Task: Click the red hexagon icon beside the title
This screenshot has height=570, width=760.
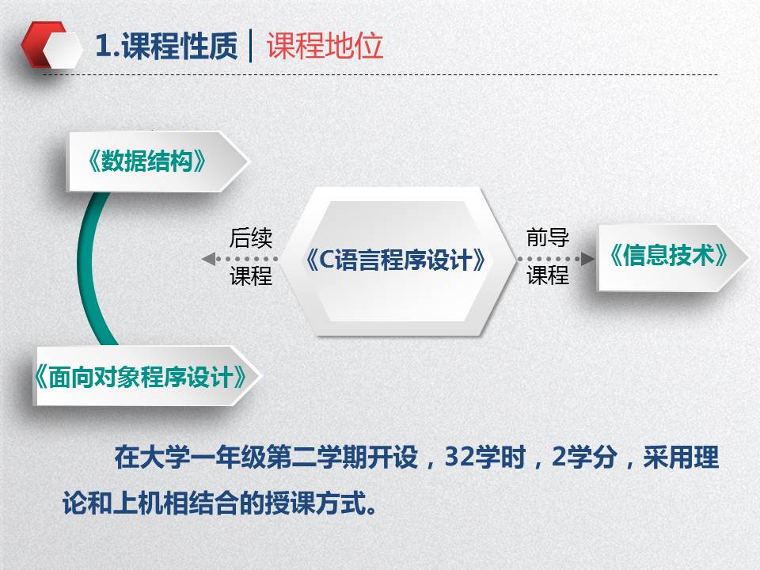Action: pyautogui.click(x=44, y=44)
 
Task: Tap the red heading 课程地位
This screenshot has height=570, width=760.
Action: pyautogui.click(x=325, y=46)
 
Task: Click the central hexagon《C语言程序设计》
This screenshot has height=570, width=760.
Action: pyautogui.click(x=397, y=260)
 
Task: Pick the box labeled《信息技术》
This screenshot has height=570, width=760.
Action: pyautogui.click(x=672, y=256)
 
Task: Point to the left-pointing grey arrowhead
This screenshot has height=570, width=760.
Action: pyautogui.click(x=209, y=259)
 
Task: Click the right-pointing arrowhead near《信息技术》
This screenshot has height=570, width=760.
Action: pyautogui.click(x=587, y=258)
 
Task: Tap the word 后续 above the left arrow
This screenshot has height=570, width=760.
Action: pyautogui.click(x=251, y=238)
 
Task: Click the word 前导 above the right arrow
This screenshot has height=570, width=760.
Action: pyautogui.click(x=548, y=237)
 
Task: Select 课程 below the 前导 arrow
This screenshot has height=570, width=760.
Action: pyautogui.click(x=548, y=275)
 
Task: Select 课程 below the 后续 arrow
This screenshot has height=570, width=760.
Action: pyautogui.click(x=251, y=276)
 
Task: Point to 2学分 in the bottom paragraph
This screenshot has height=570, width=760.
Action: pyautogui.click(x=584, y=457)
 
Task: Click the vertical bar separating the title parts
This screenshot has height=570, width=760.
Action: pyautogui.click(x=251, y=46)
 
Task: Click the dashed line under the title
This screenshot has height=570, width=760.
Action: pyautogui.click(x=380, y=75)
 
